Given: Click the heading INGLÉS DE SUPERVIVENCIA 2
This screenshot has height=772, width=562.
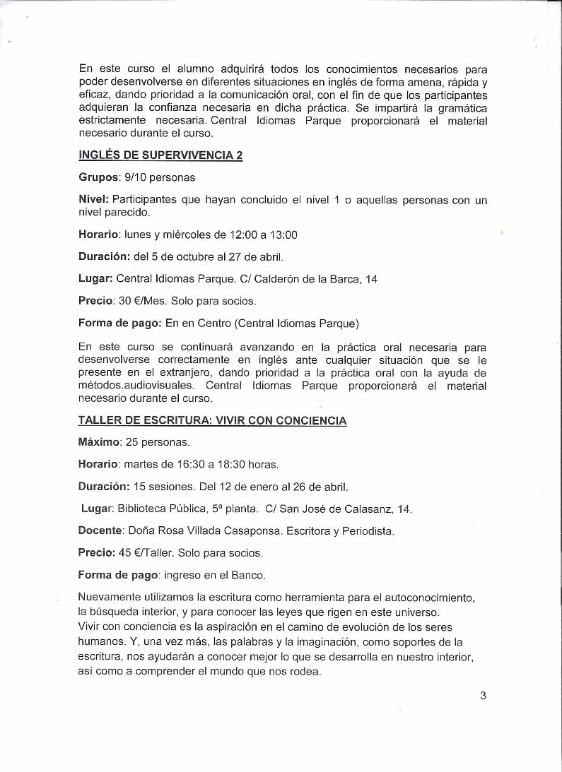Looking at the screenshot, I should pyautogui.click(x=160, y=155).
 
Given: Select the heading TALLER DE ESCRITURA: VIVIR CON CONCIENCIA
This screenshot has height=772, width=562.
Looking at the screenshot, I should pyautogui.click(x=212, y=420).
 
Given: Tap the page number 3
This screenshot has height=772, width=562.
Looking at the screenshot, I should pyautogui.click(x=483, y=695).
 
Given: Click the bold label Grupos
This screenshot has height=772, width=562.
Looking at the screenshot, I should pyautogui.click(x=98, y=177).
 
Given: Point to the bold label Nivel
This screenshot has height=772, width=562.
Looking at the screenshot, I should pyautogui.click(x=93, y=200).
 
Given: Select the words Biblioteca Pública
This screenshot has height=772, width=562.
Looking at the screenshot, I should pyautogui.click(x=160, y=509).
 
